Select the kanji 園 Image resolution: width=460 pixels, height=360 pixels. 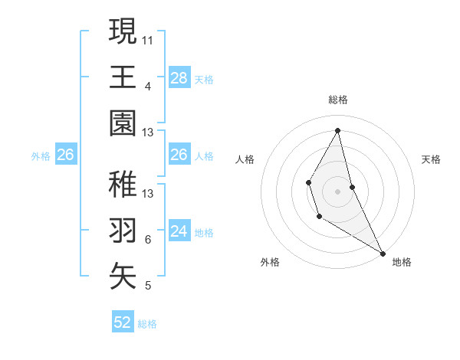pyautogui.click(x=123, y=123)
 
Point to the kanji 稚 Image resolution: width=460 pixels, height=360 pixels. pyautogui.click(x=123, y=184)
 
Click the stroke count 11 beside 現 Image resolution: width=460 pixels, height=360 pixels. pyautogui.click(x=148, y=38)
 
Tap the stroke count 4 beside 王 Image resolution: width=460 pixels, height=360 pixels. pyautogui.click(x=148, y=86)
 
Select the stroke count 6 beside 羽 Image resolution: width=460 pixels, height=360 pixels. pyautogui.click(x=148, y=240)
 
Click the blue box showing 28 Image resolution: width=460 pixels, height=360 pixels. pyautogui.click(x=179, y=77)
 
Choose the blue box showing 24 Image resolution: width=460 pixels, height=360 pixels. pyautogui.click(x=179, y=231)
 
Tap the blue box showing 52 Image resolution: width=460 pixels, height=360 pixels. pyautogui.click(x=123, y=322)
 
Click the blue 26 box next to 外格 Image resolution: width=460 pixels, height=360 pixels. pyautogui.click(x=66, y=155)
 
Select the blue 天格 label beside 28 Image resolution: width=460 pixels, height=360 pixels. pyautogui.click(x=204, y=79)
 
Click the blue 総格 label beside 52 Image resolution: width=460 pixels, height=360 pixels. pyautogui.click(x=147, y=324)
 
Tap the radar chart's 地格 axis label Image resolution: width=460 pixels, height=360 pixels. pyautogui.click(x=402, y=262)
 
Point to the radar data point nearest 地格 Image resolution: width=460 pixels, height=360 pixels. pyautogui.click(x=383, y=253)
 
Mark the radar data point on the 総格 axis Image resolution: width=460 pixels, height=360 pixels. pyautogui.click(x=338, y=131)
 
